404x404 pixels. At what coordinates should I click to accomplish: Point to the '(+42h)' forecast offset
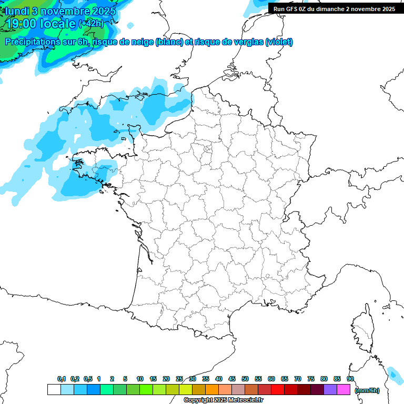click(91, 23)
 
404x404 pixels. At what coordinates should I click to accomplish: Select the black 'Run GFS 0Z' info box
click(335, 8)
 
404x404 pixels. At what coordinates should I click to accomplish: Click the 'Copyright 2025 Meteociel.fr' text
click(223, 400)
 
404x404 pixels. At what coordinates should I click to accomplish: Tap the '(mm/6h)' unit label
click(367, 390)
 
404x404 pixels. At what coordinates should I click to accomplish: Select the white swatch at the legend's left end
click(54, 390)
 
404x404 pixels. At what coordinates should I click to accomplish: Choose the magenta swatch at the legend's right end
click(344, 390)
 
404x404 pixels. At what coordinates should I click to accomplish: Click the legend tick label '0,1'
click(61, 379)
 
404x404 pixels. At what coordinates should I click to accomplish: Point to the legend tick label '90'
click(350, 379)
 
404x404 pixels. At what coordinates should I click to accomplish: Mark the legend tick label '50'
click(245, 379)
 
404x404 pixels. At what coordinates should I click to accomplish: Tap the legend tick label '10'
click(140, 379)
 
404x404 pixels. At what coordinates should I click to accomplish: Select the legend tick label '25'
click(179, 379)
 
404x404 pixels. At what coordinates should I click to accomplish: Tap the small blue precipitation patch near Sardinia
click(393, 374)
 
